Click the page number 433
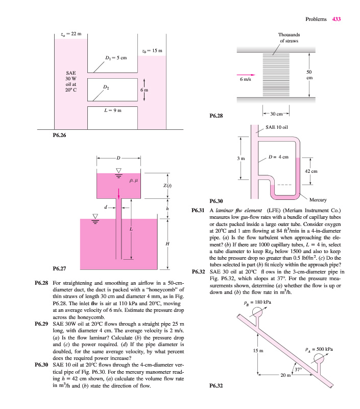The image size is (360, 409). click(336, 19)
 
